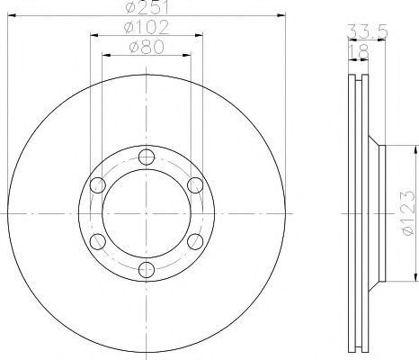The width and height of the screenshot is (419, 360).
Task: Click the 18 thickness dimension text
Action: [362, 54]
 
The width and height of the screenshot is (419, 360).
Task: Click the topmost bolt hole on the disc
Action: [147, 158]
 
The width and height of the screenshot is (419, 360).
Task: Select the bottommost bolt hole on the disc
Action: [147, 268]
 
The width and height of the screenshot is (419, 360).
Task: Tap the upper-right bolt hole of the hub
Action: [193, 185]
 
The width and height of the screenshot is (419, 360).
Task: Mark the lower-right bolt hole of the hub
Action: [193, 241]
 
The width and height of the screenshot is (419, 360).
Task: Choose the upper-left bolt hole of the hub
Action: [99, 185]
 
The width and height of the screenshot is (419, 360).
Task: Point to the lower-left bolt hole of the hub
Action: [99, 241]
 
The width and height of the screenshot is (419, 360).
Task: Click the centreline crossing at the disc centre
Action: [147, 213]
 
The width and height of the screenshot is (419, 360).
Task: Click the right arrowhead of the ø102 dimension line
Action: [201, 37]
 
